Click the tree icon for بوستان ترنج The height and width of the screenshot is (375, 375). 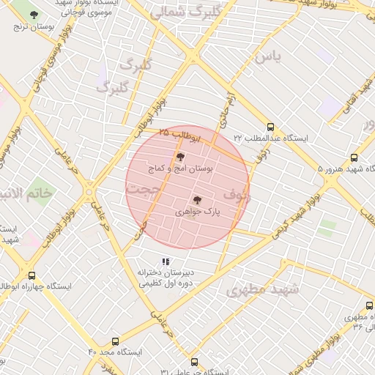pos(34,15)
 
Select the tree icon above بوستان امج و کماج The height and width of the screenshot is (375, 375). pos(180,157)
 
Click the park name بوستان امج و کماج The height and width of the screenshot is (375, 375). pos(183,168)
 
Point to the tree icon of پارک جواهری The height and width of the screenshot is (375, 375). pos(196,199)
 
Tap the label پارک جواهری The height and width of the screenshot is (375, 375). pos(198,211)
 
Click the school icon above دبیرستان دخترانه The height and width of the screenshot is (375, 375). pos(166,261)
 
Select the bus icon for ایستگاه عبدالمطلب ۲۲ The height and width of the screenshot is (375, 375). pos(271,126)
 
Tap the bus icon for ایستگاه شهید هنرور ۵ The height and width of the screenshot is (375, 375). pos(354,157)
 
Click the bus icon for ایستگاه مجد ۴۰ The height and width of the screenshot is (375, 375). pos(114,341)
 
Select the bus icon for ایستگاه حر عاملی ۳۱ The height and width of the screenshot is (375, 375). pos(194,362)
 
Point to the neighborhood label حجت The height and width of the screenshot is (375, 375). pos(142,190)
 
